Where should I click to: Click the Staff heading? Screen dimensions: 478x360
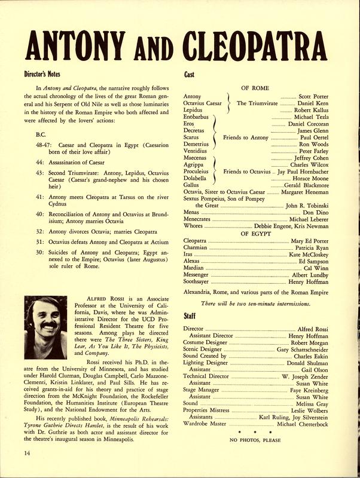(x=188, y=316)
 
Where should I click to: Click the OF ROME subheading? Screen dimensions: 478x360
(x=255, y=88)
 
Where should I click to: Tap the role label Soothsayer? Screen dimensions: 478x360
(x=199, y=281)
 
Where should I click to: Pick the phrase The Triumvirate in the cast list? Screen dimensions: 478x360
(x=257, y=103)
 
